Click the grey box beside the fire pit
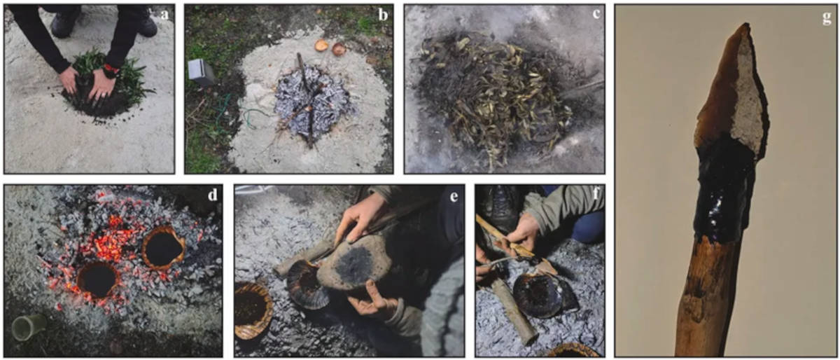click(x=202, y=71)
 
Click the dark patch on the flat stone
click(x=354, y=261)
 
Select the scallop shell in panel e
click(x=307, y=284)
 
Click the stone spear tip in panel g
click(x=732, y=91)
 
